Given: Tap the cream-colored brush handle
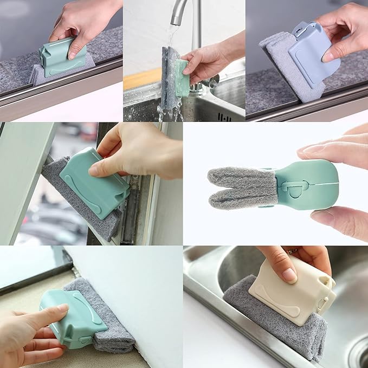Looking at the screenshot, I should click(290, 295).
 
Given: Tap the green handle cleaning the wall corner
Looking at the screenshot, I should click(70, 320).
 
